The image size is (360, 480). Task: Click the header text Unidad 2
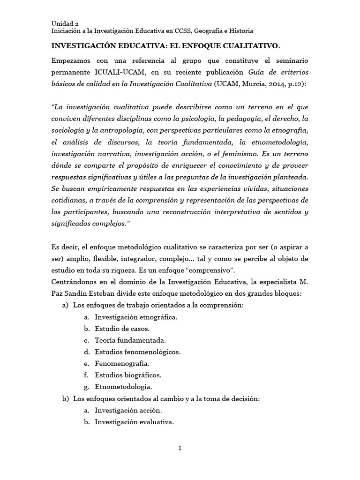pyautogui.click(x=65, y=23)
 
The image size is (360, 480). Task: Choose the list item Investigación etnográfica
pyautogui.click(x=136, y=317)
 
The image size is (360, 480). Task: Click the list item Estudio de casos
pyautogui.click(x=121, y=329)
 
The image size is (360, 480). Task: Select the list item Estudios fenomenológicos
pyautogui.click(x=137, y=352)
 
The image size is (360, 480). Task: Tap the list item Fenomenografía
pyautogui.click(x=122, y=363)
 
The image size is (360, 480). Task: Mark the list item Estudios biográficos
pyautogui.click(x=128, y=375)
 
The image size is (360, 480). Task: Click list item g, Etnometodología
pyautogui.click(x=123, y=387)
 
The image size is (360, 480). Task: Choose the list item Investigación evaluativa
pyautogui.click(x=134, y=421)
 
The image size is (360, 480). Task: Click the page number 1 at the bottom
pyautogui.click(x=180, y=448)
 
